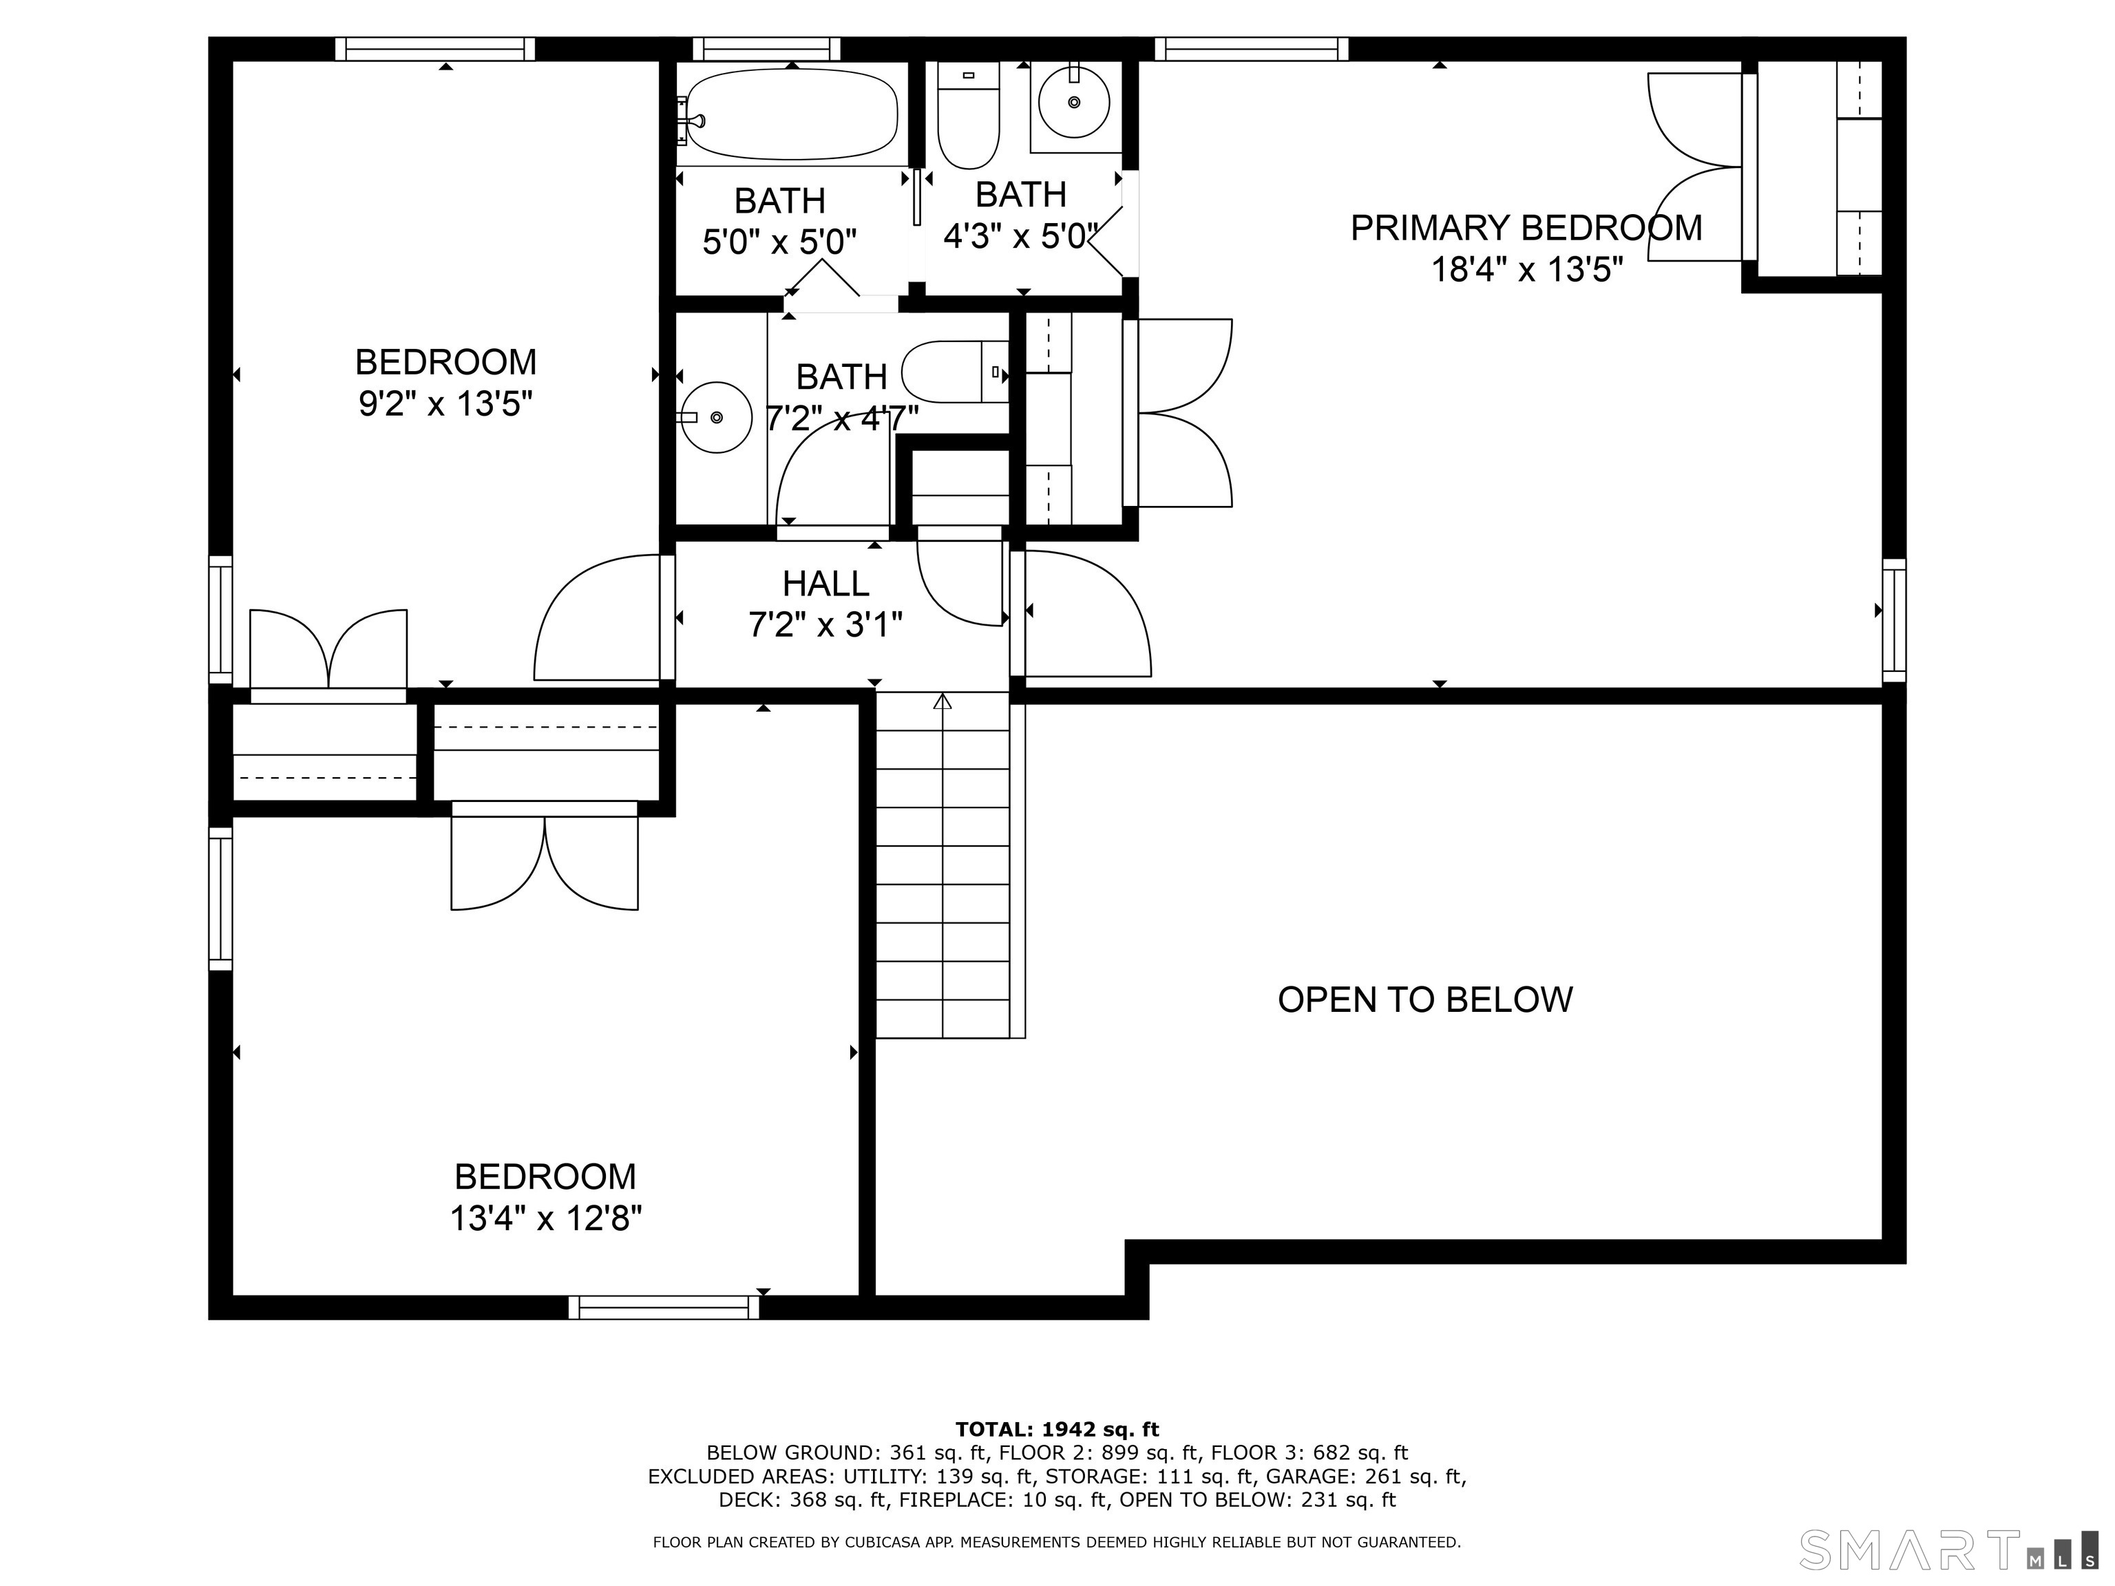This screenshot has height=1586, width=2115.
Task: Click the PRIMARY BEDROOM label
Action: [1526, 229]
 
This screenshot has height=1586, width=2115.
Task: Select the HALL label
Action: [826, 583]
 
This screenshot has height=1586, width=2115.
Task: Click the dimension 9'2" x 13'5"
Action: [445, 404]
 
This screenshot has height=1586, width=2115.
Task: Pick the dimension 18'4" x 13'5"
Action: [1527, 271]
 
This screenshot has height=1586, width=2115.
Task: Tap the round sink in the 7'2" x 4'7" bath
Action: [715, 417]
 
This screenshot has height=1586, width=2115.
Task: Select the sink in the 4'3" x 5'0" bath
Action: [1074, 103]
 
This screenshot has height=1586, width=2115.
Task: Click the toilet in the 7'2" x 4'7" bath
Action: [955, 372]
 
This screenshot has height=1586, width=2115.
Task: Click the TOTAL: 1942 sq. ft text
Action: [1057, 1429]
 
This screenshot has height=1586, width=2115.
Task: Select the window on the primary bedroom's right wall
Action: [1894, 620]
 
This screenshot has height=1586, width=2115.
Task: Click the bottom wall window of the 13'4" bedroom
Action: [664, 1307]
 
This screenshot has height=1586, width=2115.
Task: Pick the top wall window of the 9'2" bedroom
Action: [435, 49]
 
